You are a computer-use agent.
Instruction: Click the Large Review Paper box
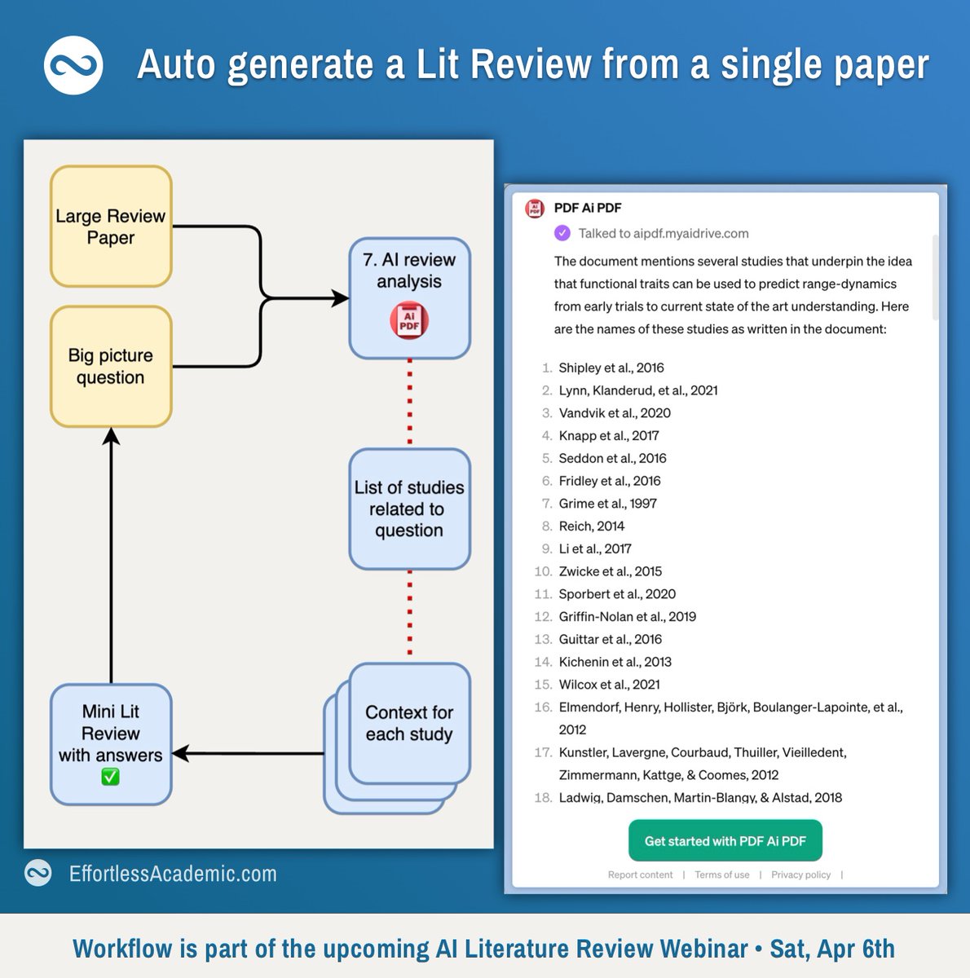[111, 227]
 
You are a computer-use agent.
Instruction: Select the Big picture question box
[111, 367]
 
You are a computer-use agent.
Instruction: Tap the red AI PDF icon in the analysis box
[409, 320]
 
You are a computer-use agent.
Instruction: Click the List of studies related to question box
[409, 509]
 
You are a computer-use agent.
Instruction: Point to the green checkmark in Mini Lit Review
[110, 778]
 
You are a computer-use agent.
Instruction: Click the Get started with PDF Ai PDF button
[725, 841]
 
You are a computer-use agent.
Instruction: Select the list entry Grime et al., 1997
[607, 504]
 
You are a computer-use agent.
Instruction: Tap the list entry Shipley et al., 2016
[611, 368]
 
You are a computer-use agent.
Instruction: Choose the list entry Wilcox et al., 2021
[609, 685]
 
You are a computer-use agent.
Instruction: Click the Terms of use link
[721, 874]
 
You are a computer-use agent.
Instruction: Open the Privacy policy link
[800, 874]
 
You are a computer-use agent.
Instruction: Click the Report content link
[640, 874]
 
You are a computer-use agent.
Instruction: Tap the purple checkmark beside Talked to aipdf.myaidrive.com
[562, 233]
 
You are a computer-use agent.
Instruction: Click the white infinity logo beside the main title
[73, 65]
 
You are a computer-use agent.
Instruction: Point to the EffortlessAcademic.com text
[173, 874]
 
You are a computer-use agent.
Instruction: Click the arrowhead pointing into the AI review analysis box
[341, 298]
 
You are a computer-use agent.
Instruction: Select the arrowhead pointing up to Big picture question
[111, 437]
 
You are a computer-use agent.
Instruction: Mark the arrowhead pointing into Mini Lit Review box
[181, 753]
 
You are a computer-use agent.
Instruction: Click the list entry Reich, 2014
[591, 526]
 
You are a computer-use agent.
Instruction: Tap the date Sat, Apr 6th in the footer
[832, 949]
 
